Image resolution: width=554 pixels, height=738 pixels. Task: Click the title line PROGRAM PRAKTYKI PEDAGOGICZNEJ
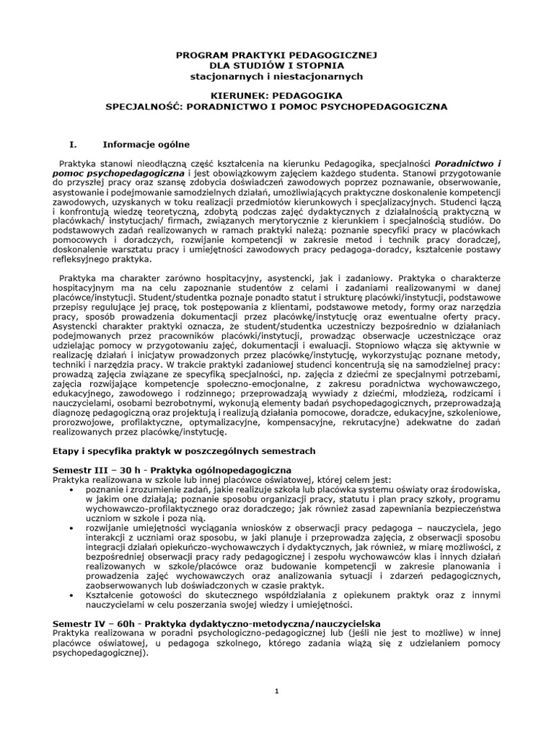[x=277, y=55]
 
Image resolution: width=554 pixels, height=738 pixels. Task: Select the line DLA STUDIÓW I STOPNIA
[x=277, y=66]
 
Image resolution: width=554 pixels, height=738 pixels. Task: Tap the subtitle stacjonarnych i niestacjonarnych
[x=277, y=76]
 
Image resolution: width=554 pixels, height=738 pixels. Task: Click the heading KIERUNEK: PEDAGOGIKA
[x=277, y=95]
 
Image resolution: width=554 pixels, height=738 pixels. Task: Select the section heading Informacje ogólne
[x=141, y=143]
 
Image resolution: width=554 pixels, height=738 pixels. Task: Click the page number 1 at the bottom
[x=277, y=692]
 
